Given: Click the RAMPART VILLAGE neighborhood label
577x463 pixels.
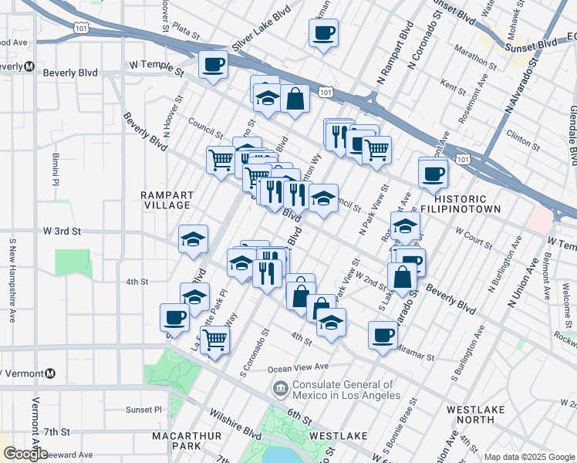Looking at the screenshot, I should point(166,200).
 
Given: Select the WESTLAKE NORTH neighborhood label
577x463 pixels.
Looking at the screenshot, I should point(475,414).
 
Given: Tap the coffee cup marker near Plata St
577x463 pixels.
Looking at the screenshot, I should point(323,32).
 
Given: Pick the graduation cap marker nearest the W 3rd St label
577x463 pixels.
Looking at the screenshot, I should point(193,238).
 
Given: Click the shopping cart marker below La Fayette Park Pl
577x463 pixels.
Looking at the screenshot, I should point(214,339).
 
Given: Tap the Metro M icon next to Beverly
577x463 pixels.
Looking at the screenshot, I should point(29,66).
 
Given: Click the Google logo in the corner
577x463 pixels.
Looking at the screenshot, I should point(25,454).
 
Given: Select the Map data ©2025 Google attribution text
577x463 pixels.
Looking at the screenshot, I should point(528,457).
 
